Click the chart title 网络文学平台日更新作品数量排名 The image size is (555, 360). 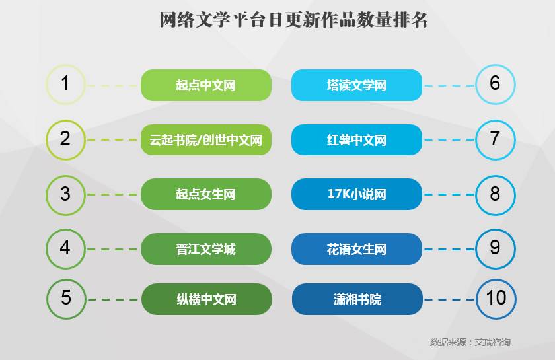coord(294,20)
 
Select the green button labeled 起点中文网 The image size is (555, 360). coord(206,85)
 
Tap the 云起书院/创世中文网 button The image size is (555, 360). coord(206,140)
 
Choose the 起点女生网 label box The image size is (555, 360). coord(206,194)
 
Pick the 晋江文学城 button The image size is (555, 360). coord(206,249)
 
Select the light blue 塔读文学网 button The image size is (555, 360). coord(357,85)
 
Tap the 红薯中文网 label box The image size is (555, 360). coord(357,140)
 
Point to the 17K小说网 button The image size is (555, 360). coord(357,194)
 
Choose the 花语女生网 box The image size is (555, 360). coord(357,249)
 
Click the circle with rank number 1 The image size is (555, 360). coord(65,84)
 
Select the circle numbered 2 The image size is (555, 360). coord(65,139)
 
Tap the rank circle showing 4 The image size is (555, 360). coord(65,248)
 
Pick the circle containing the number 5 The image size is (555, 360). coord(66,299)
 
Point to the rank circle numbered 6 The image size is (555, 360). coord(495,84)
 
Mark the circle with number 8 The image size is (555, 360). coord(495,194)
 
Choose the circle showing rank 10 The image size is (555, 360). coord(496,299)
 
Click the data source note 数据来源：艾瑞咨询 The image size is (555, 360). coord(470,342)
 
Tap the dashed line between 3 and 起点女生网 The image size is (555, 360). coord(113,194)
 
